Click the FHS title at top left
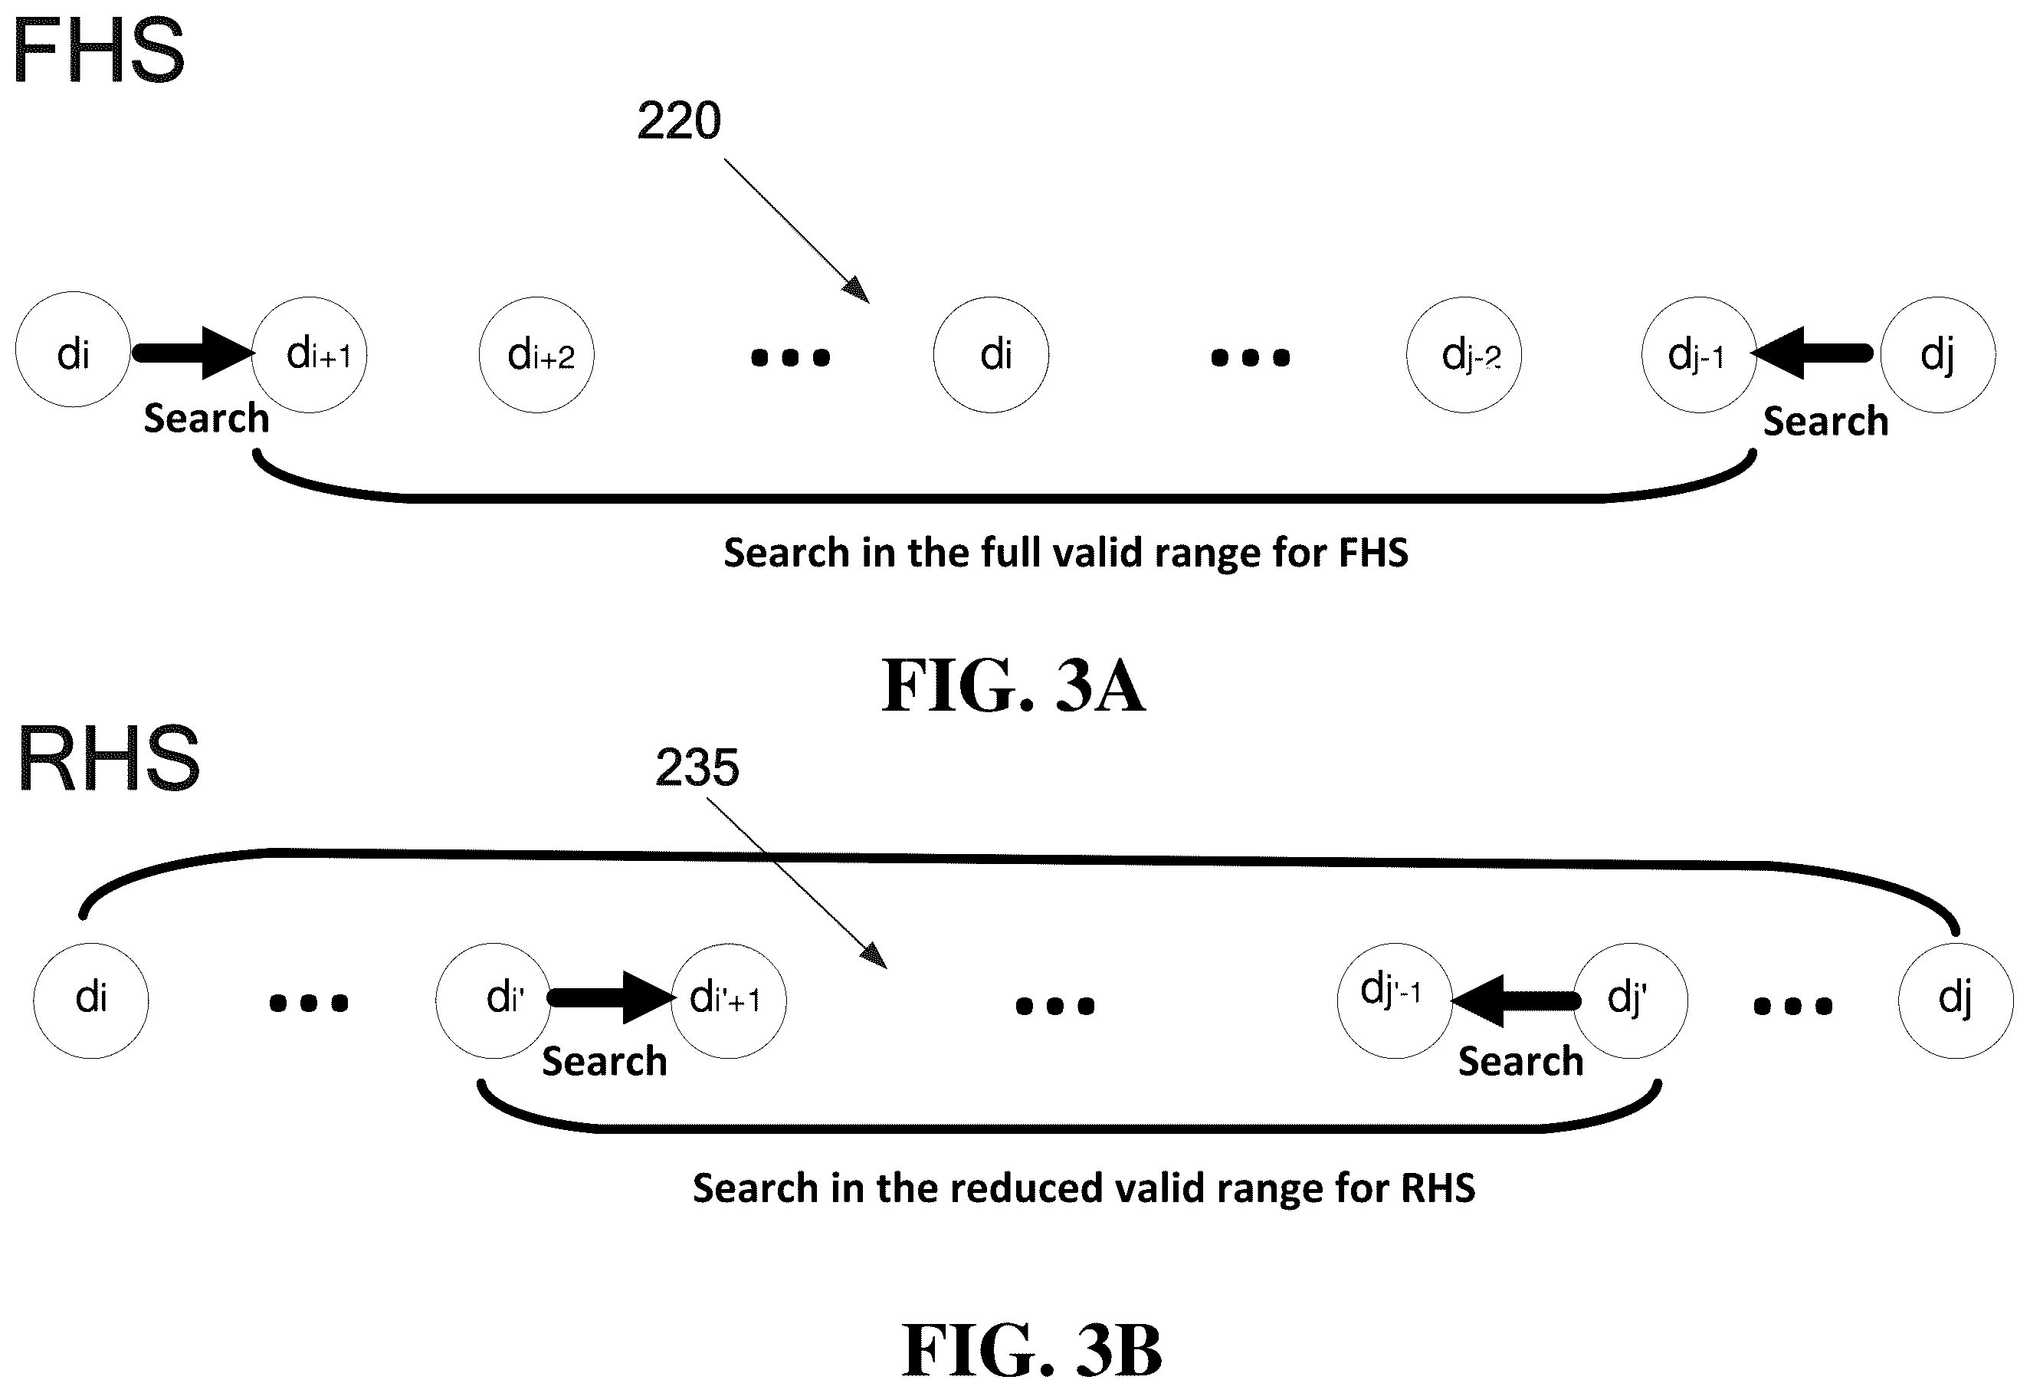[98, 51]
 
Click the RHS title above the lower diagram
[108, 758]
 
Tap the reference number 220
[679, 120]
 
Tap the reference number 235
[697, 767]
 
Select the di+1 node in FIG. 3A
[310, 354]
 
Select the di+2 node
[536, 354]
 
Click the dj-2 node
[1464, 354]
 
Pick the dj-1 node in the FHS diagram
[1700, 354]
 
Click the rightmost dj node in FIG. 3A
[1937, 354]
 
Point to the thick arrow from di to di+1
[193, 353]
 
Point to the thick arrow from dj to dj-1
[1812, 353]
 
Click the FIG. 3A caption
[1013, 686]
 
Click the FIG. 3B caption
[1031, 1350]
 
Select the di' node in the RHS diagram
[494, 1000]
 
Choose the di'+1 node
[729, 1000]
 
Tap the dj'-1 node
[1395, 1000]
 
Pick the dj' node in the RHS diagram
[1630, 1000]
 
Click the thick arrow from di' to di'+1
[612, 998]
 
